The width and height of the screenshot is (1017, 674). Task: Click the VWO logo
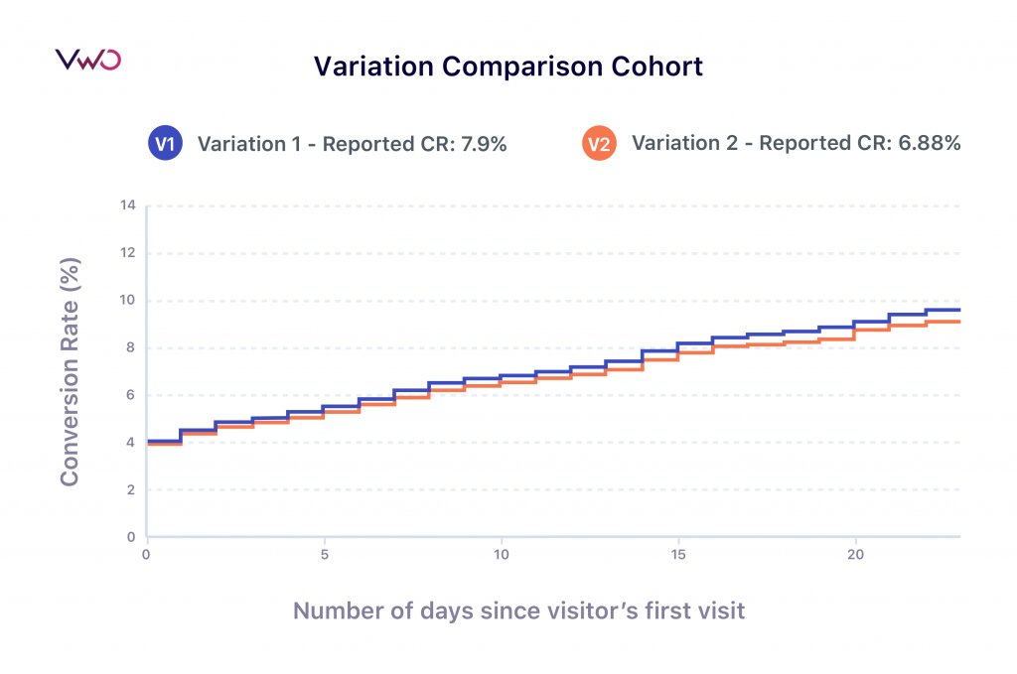click(87, 60)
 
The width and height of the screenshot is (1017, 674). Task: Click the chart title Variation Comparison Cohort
click(508, 67)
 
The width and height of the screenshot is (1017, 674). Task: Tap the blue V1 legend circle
click(164, 144)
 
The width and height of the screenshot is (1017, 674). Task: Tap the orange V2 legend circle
click(598, 144)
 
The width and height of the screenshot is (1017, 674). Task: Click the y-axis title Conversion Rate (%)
click(70, 372)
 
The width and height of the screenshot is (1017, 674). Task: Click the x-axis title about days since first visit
click(518, 610)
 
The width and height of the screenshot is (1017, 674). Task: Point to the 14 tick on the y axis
click(127, 206)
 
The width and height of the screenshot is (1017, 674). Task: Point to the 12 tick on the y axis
click(127, 253)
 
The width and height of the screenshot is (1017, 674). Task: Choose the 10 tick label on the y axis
click(127, 301)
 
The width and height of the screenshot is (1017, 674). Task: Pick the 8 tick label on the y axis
click(129, 348)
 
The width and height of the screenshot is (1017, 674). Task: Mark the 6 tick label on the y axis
click(129, 395)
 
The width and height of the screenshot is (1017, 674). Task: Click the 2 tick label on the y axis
click(129, 490)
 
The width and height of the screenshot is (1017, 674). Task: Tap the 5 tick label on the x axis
click(324, 554)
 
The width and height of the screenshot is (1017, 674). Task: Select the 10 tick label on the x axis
click(501, 554)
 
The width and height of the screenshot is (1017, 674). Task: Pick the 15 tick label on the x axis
click(678, 554)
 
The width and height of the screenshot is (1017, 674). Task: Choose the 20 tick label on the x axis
click(855, 554)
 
